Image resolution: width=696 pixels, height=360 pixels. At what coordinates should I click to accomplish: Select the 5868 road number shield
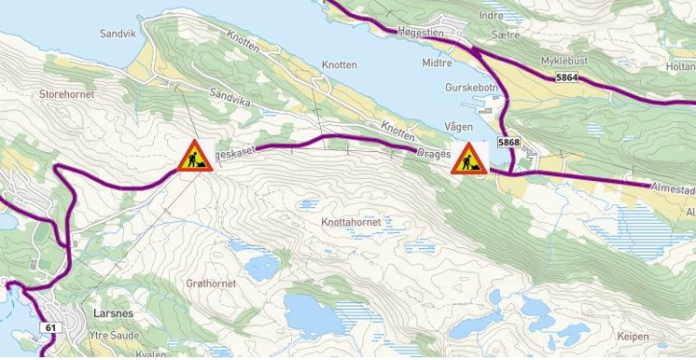tap(508, 143)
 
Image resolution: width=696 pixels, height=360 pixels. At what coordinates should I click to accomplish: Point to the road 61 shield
tap(49, 328)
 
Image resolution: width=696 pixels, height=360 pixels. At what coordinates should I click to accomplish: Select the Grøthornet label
tap(211, 282)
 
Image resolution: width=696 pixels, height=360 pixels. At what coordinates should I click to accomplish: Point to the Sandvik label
tap(118, 34)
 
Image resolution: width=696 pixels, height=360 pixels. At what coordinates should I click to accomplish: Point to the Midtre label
tap(437, 63)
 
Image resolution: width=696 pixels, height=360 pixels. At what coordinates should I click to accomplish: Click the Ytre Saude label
tap(114, 335)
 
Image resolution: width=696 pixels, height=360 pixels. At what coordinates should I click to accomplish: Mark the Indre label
tap(491, 15)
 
